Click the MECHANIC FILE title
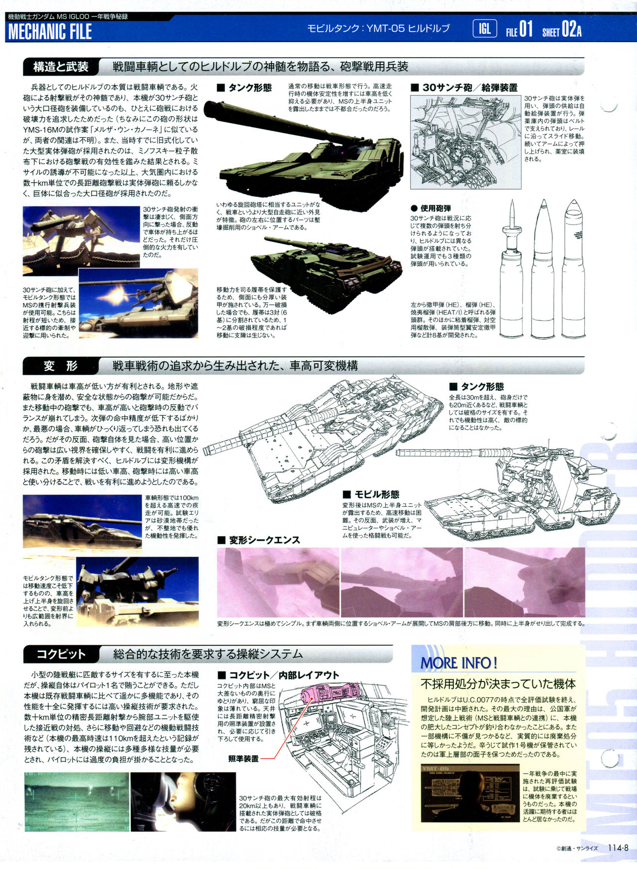tap(50, 32)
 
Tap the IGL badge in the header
tap(485, 29)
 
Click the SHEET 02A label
tap(562, 30)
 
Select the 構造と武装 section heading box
tap(61, 67)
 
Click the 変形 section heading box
tap(61, 366)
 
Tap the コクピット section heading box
tap(61, 654)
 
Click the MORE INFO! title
tap(459, 663)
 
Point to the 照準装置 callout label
tap(243, 758)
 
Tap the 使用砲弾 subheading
tap(431, 208)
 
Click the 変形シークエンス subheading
tap(258, 540)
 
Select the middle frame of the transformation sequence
tap(402, 582)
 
